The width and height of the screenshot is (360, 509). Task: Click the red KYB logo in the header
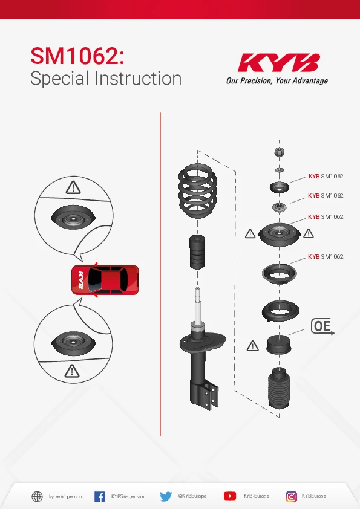click(x=279, y=63)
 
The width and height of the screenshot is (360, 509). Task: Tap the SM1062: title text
click(x=77, y=56)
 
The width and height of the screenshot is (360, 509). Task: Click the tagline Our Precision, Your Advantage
click(x=277, y=81)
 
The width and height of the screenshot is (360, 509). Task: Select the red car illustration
click(x=105, y=280)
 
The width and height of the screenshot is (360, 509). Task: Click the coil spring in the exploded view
click(x=197, y=191)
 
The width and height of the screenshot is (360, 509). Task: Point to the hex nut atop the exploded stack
click(x=279, y=152)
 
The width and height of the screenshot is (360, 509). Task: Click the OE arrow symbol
click(x=322, y=326)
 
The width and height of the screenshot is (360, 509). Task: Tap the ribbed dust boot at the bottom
click(x=279, y=387)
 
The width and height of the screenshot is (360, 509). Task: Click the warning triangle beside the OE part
click(x=252, y=346)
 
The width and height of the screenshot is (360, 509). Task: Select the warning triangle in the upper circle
click(x=73, y=187)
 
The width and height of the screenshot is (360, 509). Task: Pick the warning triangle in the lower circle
click(x=72, y=371)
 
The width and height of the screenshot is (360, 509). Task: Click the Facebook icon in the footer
click(x=99, y=496)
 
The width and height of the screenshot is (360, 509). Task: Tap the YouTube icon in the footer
click(x=230, y=496)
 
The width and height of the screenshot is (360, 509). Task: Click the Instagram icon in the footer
click(x=292, y=496)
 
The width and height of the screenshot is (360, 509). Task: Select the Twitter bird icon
click(x=166, y=496)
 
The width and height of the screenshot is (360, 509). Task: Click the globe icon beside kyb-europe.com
click(x=37, y=496)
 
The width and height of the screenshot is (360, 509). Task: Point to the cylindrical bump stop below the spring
click(x=197, y=252)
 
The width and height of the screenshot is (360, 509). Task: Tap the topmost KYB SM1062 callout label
click(x=326, y=177)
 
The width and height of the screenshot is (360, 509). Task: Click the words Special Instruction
click(x=106, y=79)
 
